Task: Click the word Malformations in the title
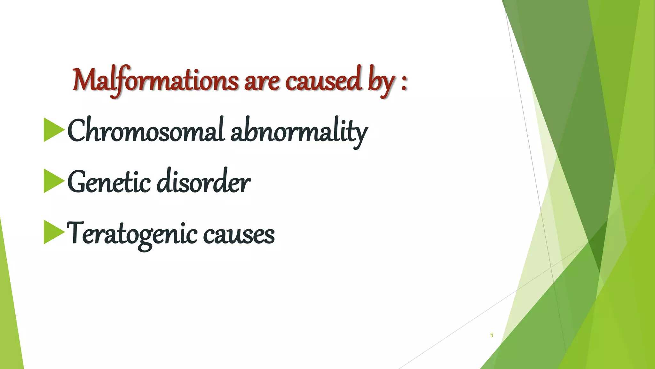(155, 80)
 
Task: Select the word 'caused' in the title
(323, 80)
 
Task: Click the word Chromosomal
(146, 131)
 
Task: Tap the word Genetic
(109, 182)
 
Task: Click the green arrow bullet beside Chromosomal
(53, 130)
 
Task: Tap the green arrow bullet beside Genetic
(53, 181)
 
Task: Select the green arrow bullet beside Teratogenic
(53, 232)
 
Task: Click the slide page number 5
(492, 335)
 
